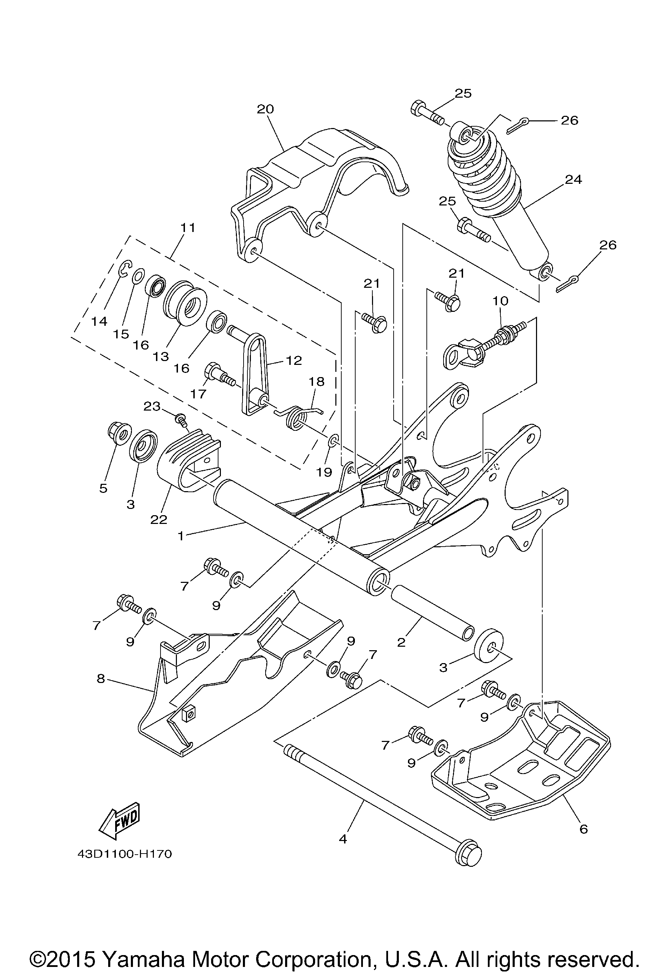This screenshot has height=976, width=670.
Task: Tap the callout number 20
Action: (265, 109)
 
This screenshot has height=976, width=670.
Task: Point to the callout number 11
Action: (188, 228)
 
